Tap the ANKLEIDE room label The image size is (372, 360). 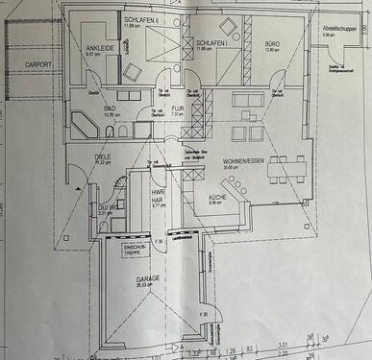click(101, 47)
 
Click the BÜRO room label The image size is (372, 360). click(273, 44)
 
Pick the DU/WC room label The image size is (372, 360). click(106, 208)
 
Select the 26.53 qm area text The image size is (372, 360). click(145, 285)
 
